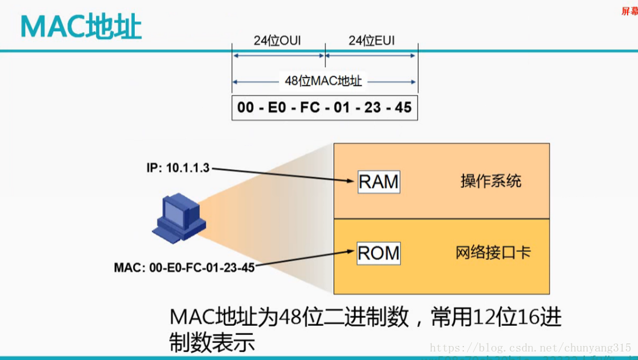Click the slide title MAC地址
pos(81,27)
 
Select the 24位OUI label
pos(277,41)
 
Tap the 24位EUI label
pos(371,41)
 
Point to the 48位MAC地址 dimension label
pos(324,81)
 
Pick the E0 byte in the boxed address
pos(280,108)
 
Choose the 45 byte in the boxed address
pos(403,108)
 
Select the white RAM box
pos(379,182)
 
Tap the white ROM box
pos(379,253)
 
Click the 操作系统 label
pos(491,181)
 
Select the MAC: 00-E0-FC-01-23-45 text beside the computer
pos(184,267)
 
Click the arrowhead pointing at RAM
pos(353,181)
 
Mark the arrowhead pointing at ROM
pos(352,251)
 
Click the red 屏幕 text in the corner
pos(629,11)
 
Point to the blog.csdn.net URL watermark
pos(530,348)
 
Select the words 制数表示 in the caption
pos(211,343)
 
